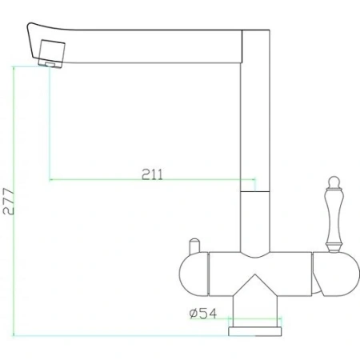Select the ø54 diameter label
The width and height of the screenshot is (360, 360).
(204, 313)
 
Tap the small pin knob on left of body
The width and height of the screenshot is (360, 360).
(193, 244)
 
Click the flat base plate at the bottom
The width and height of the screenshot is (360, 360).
(254, 330)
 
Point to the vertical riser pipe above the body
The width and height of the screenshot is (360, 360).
(251, 220)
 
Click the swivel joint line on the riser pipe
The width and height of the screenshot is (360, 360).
(251, 193)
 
